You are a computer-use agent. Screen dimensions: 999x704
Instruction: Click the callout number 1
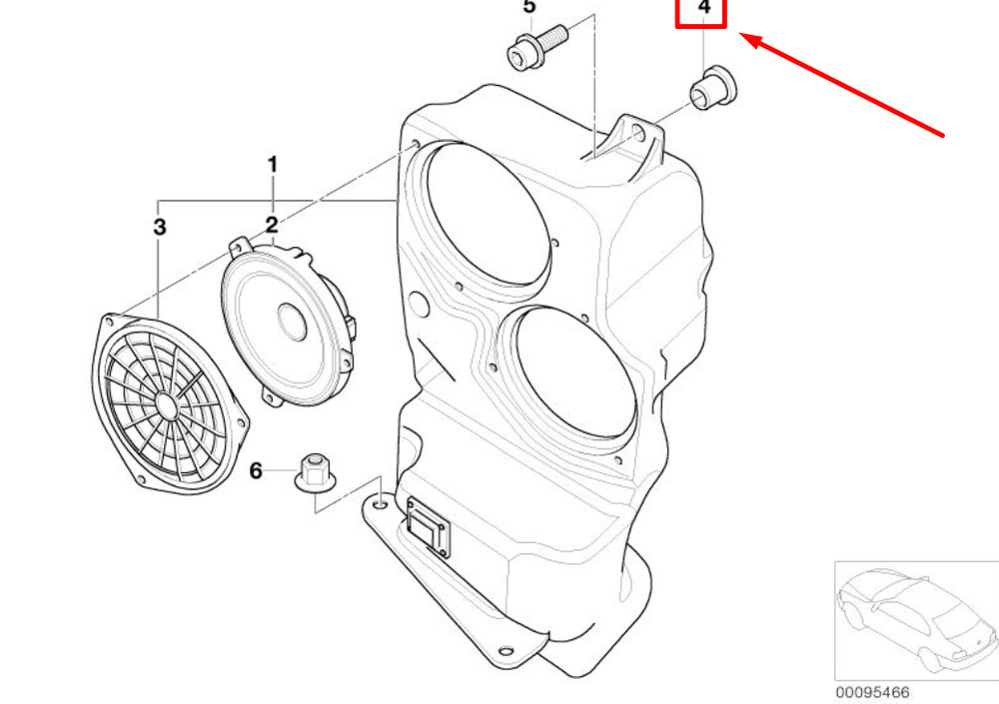(x=273, y=165)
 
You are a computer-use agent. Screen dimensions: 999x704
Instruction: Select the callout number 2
(x=272, y=225)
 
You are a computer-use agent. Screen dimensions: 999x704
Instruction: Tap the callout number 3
(x=160, y=226)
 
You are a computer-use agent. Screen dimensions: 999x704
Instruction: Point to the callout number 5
(x=529, y=7)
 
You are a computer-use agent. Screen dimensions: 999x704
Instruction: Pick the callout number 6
(x=256, y=470)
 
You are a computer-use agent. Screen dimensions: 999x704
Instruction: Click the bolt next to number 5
(x=537, y=46)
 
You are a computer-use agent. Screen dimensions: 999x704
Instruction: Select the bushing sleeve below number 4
(x=713, y=87)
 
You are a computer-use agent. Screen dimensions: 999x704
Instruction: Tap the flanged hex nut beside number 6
(x=315, y=472)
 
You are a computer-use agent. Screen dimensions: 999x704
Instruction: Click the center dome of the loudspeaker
(x=293, y=322)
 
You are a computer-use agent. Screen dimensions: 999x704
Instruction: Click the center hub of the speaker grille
(x=165, y=405)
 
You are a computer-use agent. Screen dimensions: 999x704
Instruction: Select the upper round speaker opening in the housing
(x=488, y=213)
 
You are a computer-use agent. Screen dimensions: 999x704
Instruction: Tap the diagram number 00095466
(x=872, y=693)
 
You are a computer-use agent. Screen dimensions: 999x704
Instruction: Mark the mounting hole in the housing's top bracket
(x=639, y=133)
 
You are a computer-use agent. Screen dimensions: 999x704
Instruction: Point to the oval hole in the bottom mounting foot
(x=505, y=651)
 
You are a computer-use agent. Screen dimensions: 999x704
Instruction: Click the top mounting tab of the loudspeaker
(x=241, y=246)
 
